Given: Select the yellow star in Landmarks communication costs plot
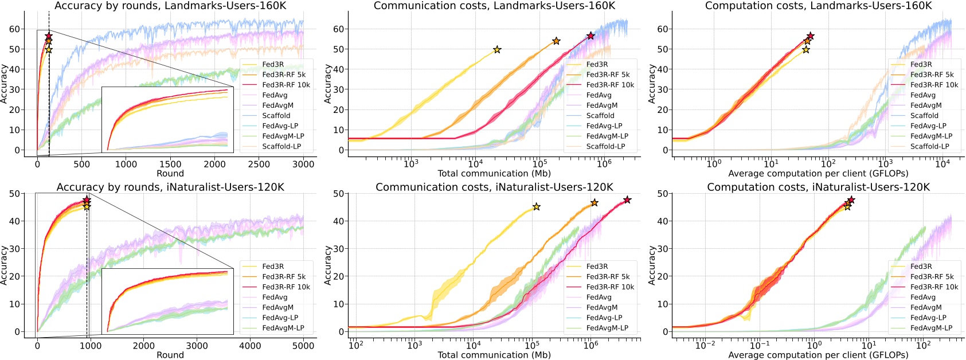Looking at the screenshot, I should [497, 50].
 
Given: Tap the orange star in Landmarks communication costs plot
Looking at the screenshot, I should [556, 41].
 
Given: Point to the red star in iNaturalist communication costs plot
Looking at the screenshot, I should [627, 200].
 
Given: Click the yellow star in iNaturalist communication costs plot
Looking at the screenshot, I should [536, 207].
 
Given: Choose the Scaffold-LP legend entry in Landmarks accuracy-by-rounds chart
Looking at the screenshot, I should [281, 146].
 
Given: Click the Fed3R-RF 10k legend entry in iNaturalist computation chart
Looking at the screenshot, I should [934, 287].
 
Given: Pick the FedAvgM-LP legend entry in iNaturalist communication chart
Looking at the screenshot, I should [607, 328].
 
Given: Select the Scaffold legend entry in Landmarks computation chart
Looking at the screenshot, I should [924, 115].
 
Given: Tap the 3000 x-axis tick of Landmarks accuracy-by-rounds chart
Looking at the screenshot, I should [303, 165].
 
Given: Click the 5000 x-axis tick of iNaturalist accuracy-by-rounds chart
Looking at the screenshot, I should [303, 346].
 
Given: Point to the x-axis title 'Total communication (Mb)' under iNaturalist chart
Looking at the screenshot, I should [494, 355].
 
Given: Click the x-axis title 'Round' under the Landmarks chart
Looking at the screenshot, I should [170, 174].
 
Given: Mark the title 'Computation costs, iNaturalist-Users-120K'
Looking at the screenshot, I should [818, 187].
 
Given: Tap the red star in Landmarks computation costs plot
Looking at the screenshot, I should [810, 36].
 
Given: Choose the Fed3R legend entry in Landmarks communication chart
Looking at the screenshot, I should [597, 65].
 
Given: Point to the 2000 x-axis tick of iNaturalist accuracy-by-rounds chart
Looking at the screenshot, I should [144, 346].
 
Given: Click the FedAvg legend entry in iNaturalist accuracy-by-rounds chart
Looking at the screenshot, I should [275, 297].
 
